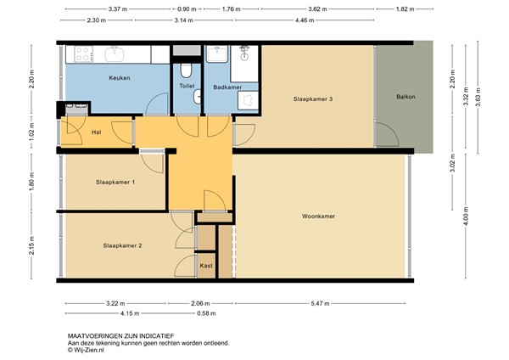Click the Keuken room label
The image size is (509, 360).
click(x=120, y=78)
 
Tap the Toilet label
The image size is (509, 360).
click(x=187, y=86)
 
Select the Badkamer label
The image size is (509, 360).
click(x=227, y=87)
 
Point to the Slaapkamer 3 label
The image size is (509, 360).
click(x=313, y=99)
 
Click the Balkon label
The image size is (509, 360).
click(x=406, y=97)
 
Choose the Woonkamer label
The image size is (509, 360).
click(x=318, y=216)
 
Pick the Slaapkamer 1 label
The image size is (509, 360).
click(x=115, y=183)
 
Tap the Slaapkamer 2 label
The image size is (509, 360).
click(x=122, y=245)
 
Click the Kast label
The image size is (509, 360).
click(x=206, y=266)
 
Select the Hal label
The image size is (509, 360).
click(x=97, y=132)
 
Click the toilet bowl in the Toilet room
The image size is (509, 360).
click(x=186, y=70)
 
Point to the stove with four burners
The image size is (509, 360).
click(x=84, y=54)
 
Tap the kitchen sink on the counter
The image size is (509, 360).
click(x=115, y=54)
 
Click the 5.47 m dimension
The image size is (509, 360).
click(x=321, y=303)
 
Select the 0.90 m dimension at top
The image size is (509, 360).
click(x=187, y=9)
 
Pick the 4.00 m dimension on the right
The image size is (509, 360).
click(x=466, y=216)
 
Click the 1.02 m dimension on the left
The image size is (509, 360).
click(x=31, y=132)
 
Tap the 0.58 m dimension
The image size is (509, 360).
click(x=206, y=313)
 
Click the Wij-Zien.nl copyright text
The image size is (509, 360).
click(x=86, y=350)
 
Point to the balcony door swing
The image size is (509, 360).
click(x=388, y=134)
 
